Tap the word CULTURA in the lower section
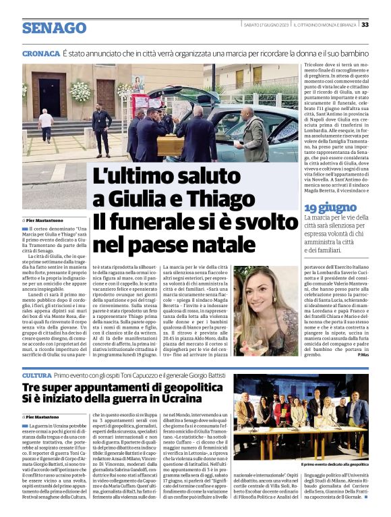point(36,375)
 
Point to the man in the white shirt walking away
point(46,126)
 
